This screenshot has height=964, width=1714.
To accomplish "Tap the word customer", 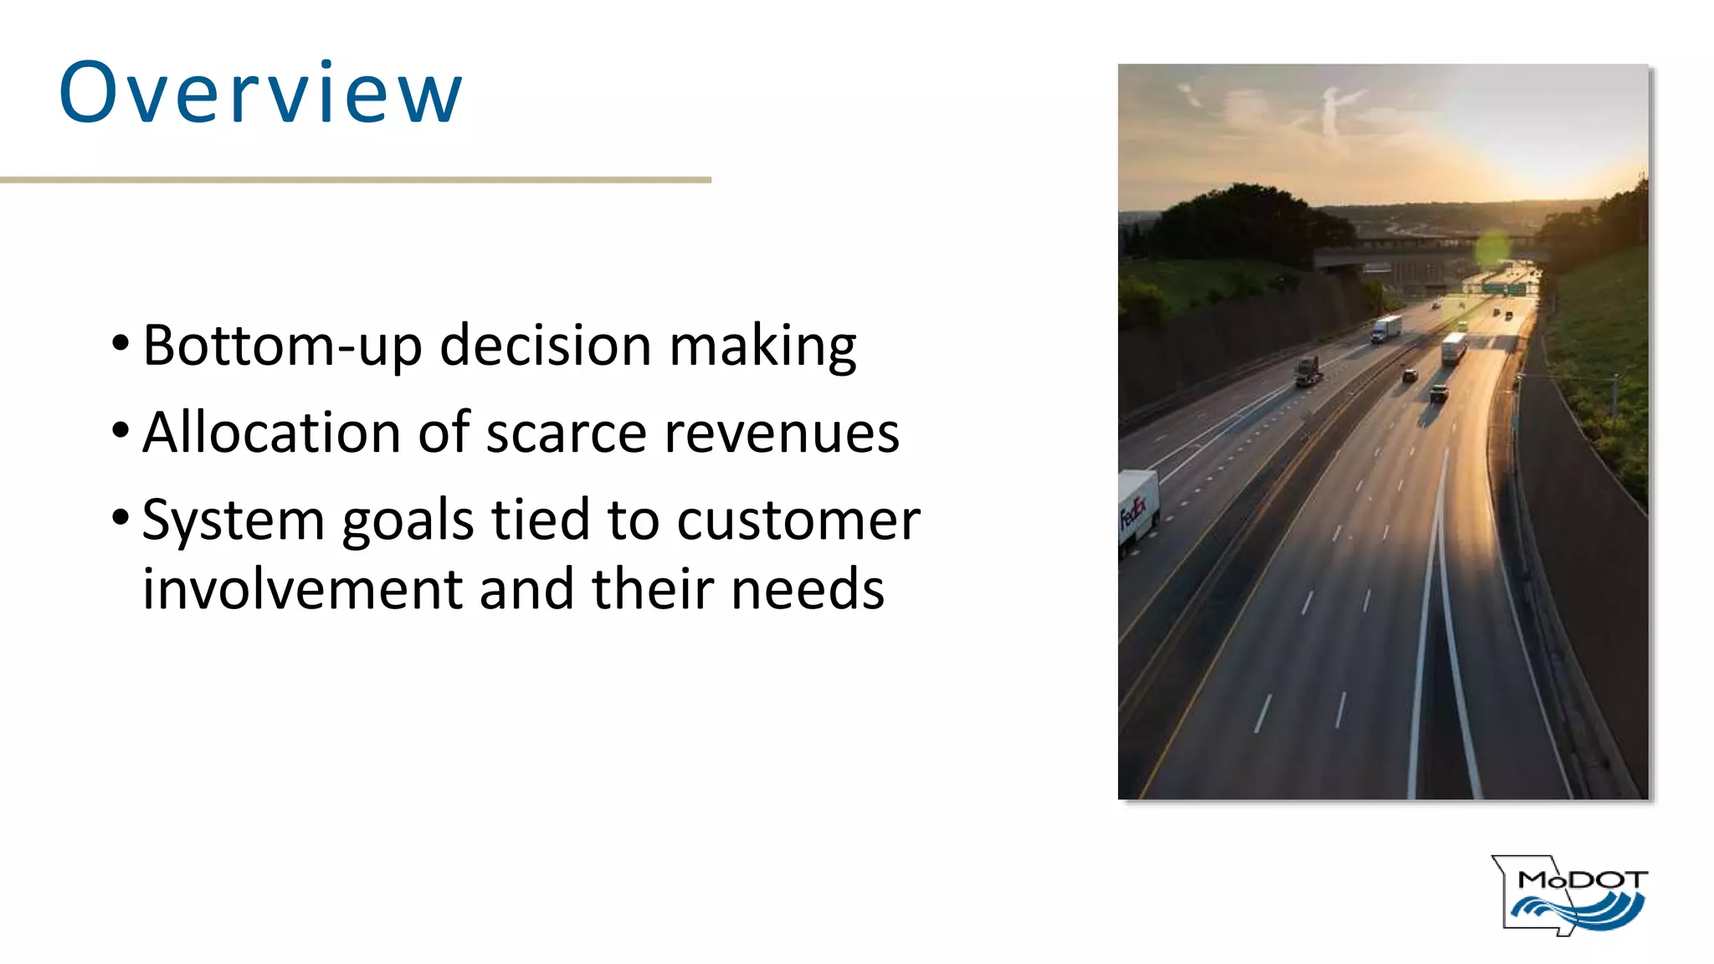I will click(798, 521).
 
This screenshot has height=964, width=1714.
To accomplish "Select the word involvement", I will click(302, 589).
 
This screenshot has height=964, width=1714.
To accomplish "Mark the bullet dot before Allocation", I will click(121, 430).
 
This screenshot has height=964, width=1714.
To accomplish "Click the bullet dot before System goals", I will click(121, 517).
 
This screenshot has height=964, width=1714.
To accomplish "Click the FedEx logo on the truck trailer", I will click(1133, 512).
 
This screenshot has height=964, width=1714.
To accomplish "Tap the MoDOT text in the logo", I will click(1582, 879).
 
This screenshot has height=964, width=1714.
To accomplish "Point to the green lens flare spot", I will click(1491, 249).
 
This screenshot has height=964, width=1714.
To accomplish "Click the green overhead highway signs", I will click(1503, 289).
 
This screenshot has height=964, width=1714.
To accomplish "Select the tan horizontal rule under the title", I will click(355, 180).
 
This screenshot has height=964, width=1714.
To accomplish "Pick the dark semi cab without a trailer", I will click(1307, 371).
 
